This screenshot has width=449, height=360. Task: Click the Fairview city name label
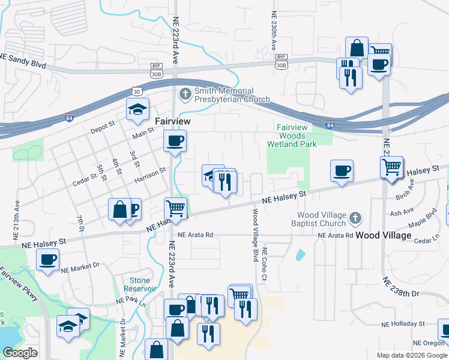coord(172,121)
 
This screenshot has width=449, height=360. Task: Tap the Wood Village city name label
coord(384,235)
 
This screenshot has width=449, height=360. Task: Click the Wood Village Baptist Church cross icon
coord(355,219)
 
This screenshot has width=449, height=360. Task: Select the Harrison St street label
coord(150,176)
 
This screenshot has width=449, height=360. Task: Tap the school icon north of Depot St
coord(137,108)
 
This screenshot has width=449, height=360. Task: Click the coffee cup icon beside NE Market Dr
coord(48,260)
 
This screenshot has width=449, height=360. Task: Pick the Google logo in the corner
coord(20,353)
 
